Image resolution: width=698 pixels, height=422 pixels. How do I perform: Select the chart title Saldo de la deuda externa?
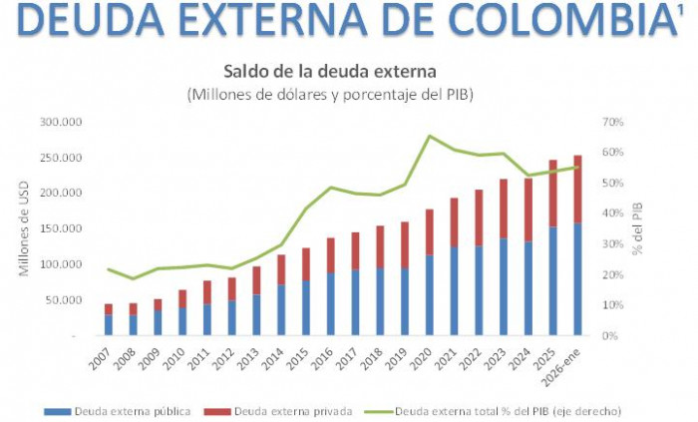point(329,72)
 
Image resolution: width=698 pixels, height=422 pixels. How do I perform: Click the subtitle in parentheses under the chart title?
point(329,95)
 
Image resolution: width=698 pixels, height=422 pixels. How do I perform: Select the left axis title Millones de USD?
point(24,229)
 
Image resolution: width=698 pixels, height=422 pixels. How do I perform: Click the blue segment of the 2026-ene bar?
point(577,279)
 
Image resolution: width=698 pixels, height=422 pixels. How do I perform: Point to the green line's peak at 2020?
point(429,136)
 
